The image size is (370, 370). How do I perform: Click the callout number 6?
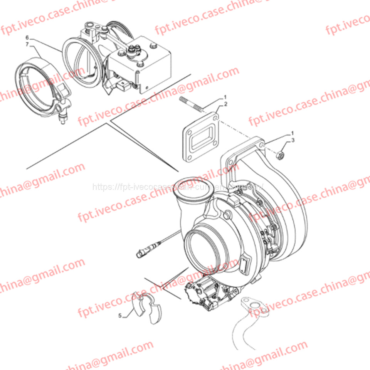27,37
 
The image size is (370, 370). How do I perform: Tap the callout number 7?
27,45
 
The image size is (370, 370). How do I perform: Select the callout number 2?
225,104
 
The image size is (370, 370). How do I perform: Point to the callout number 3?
293,140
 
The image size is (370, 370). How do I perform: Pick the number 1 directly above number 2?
225,97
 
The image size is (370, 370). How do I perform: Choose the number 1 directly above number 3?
293,133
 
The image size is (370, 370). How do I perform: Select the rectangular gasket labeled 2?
200,137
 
